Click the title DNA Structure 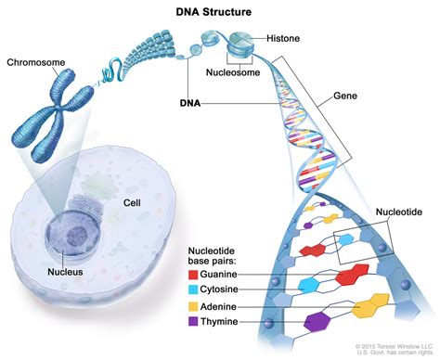tap(219, 12)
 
